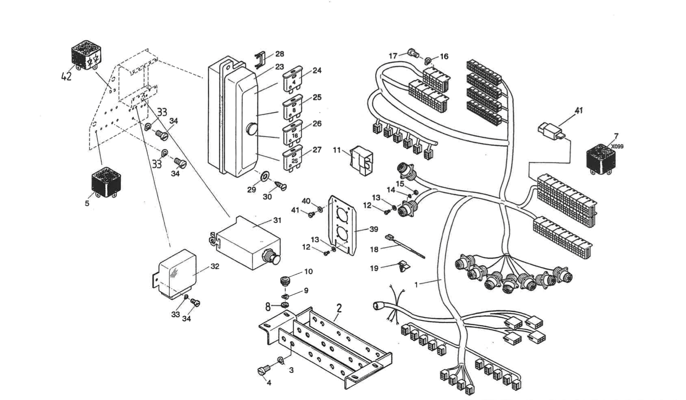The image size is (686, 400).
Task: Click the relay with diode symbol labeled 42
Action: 86,56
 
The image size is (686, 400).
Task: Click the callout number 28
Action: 279,54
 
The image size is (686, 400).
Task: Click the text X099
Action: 617,147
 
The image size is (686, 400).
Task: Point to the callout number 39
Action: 373,229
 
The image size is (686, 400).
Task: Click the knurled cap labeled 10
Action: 288,281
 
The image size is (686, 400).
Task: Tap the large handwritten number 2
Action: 339,308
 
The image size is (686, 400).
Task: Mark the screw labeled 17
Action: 412,53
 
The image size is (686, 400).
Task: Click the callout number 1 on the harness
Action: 416,285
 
